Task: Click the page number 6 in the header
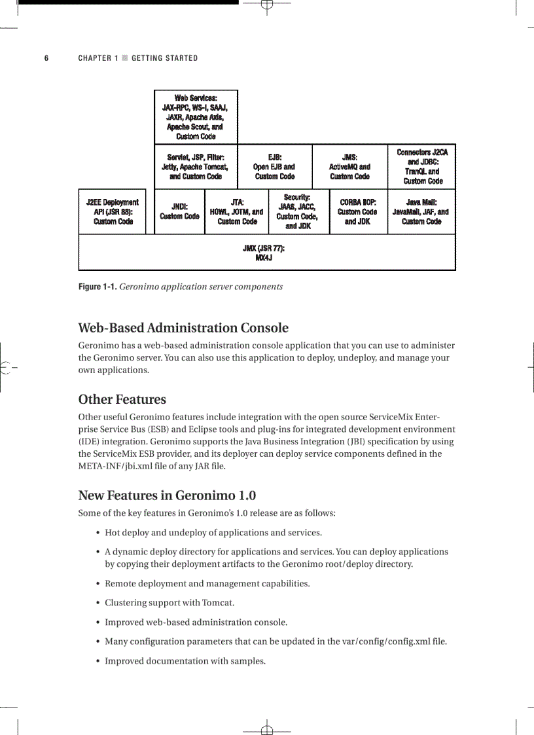[46, 58]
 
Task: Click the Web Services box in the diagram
[196, 117]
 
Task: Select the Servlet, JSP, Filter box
[196, 167]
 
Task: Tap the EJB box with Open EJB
[274, 167]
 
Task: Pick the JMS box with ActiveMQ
[349, 167]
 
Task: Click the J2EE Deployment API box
[113, 212]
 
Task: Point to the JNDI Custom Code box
[179, 211]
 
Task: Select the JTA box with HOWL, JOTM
[237, 212]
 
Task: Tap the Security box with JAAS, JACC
[298, 211]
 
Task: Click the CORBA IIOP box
[358, 212]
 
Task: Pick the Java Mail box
[421, 212]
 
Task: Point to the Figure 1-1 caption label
[98, 287]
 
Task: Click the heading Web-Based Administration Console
[183, 328]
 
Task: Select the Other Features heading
[122, 399]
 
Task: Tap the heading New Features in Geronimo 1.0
[162, 495]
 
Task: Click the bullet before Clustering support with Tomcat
[98, 603]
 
